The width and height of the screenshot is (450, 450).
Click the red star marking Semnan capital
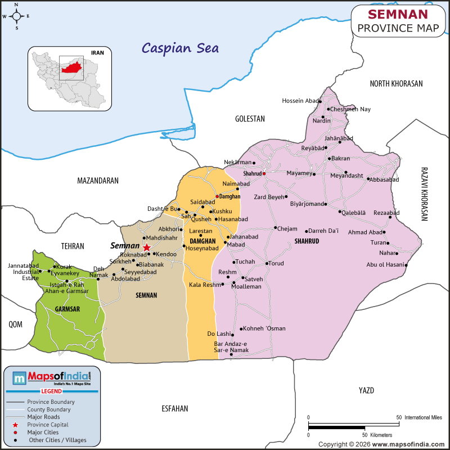click(x=147, y=247)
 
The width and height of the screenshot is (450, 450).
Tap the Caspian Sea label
click(x=180, y=47)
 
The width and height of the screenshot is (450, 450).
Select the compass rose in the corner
click(x=16, y=16)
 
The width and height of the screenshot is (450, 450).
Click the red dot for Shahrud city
click(x=264, y=173)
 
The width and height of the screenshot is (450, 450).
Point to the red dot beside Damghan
click(x=217, y=196)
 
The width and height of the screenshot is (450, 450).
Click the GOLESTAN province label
click(x=250, y=119)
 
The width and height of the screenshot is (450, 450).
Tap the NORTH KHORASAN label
click(x=396, y=83)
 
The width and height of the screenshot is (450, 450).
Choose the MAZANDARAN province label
click(x=98, y=181)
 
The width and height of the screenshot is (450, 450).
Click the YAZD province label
click(x=366, y=390)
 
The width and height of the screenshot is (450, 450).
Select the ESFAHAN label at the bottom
click(x=174, y=408)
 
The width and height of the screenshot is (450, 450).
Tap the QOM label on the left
click(x=15, y=324)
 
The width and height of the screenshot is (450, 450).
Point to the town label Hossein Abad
click(x=300, y=101)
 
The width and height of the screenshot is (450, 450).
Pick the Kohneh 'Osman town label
click(x=264, y=328)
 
